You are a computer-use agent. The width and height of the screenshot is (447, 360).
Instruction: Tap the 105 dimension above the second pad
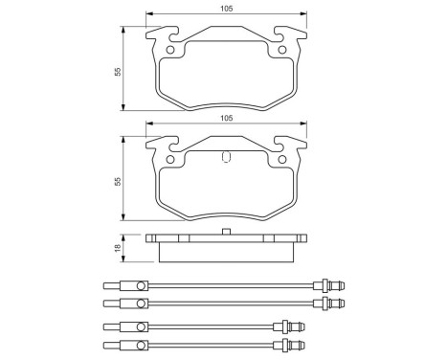225,118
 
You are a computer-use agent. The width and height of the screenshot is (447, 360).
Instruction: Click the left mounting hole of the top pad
171,50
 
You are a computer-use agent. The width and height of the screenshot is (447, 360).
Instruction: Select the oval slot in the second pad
225,159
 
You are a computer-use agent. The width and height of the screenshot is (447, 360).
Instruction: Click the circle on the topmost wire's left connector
140,284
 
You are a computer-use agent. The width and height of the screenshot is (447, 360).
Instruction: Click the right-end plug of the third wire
285,326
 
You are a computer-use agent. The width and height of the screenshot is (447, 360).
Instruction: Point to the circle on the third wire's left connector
140,326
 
